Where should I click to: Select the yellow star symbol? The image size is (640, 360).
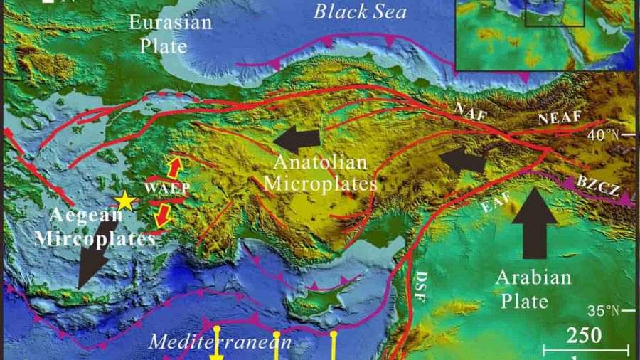(x=125, y=201)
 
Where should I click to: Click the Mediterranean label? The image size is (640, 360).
(x=220, y=343)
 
